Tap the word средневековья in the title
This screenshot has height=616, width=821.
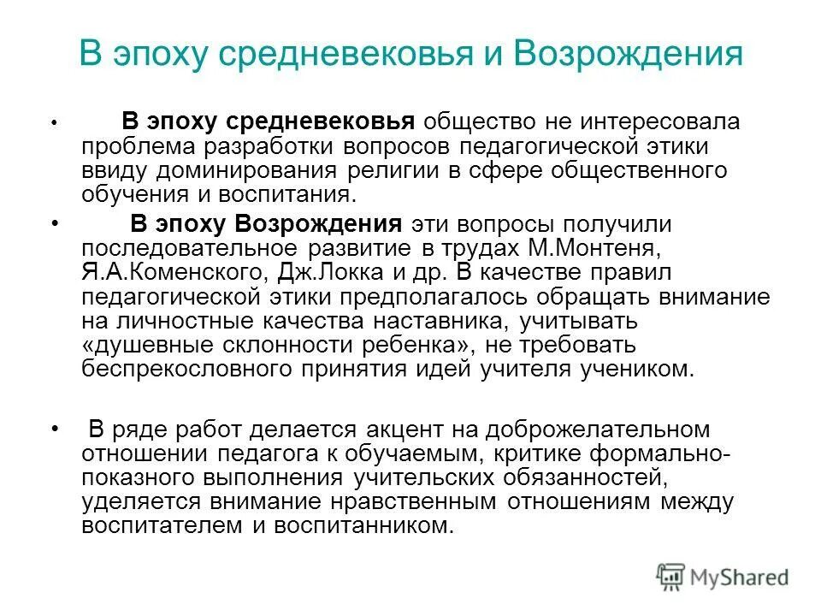click(334, 55)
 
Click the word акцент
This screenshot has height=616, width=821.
click(439, 428)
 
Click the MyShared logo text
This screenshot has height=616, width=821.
click(740, 577)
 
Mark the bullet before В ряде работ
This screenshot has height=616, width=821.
click(56, 427)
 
